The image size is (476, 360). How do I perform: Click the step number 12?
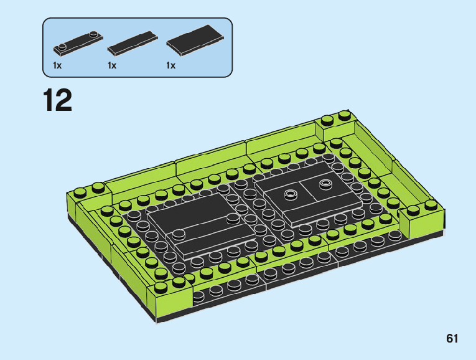click(x=57, y=100)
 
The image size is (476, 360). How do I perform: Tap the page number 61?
click(x=452, y=338)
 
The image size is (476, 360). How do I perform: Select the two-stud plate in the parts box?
click(x=78, y=44)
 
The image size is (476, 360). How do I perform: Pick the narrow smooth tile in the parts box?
click(x=133, y=43)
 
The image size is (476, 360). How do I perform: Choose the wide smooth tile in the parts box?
click(x=195, y=40)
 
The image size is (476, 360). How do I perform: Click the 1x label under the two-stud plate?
click(x=57, y=65)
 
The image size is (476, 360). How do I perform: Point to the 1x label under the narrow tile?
click(x=112, y=65)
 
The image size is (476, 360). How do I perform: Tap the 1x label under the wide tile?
click(x=171, y=65)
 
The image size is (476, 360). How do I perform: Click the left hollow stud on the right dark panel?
click(x=291, y=194)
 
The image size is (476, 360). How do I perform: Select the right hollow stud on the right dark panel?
click(x=325, y=183)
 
